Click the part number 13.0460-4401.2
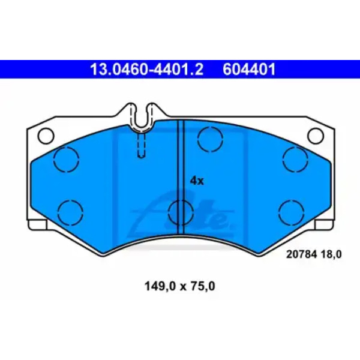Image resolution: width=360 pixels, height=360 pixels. click(147, 69)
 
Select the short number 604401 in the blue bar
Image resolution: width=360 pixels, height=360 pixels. click(249, 69)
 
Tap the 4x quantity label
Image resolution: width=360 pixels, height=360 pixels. click(197, 181)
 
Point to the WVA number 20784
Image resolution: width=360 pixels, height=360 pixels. click(301, 254)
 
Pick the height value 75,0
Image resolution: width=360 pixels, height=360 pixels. click(202, 286)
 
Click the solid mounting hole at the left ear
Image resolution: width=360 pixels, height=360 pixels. click(46, 136)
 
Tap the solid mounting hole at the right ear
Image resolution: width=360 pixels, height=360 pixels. click(316, 136)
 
